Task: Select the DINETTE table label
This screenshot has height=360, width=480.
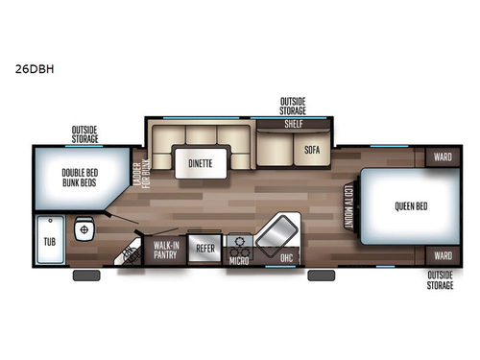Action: tap(201, 163)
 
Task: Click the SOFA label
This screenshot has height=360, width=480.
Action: tap(312, 150)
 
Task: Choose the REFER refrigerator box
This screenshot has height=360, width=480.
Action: tap(205, 248)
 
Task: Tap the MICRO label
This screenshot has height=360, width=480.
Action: tap(239, 258)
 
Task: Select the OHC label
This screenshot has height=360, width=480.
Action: tap(285, 257)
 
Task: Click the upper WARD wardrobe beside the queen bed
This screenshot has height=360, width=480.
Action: tap(442, 155)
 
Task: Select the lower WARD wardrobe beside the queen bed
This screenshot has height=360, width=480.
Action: tap(442, 255)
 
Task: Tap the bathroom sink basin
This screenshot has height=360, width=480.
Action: tap(84, 230)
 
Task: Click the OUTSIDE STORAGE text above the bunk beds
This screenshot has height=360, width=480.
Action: tap(84, 132)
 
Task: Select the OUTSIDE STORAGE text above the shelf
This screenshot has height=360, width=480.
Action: tap(293, 105)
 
